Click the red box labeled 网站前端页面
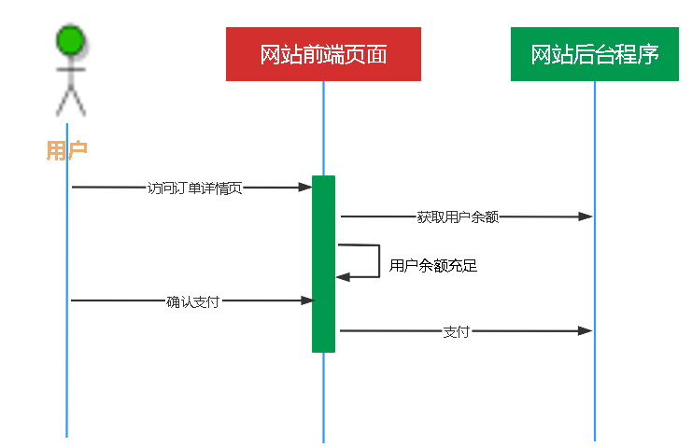point(323,54)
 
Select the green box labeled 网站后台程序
point(594,54)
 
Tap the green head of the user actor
point(70,41)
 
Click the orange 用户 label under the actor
point(66,150)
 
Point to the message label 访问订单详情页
point(195,188)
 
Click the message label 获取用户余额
point(458,217)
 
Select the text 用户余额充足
point(433,266)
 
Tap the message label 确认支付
point(193,301)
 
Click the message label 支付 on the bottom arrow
point(456,331)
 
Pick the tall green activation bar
point(323,263)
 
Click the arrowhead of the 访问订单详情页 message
point(305,188)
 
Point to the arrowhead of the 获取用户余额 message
point(586,217)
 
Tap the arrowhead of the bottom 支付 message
point(586,331)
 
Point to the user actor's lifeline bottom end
point(67,433)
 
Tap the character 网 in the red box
point(269,54)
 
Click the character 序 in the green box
point(649,54)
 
